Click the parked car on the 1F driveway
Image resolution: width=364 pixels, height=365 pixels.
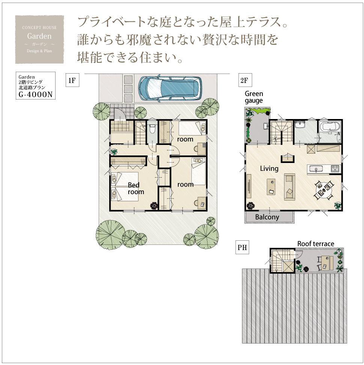170,88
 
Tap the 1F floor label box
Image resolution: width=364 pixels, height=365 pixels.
72,80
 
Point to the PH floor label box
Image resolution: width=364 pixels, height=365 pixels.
242,247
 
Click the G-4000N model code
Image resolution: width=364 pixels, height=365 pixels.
36,95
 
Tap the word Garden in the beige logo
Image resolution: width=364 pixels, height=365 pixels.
39,36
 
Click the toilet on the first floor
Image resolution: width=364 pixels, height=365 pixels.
152,128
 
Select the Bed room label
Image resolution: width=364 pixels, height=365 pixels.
136,189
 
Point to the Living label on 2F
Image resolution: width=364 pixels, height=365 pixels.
269,169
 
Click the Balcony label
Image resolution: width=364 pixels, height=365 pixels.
267,217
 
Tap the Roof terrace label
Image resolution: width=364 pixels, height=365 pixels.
316,244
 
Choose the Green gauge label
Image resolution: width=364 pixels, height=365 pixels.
254,97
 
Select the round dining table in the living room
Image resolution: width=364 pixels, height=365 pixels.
324,190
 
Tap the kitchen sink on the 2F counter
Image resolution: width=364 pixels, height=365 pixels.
315,169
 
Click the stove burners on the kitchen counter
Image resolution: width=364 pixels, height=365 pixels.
335,168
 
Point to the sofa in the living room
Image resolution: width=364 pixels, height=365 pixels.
289,187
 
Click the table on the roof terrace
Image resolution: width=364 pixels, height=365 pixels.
327,263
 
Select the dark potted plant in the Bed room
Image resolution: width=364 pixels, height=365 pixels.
154,205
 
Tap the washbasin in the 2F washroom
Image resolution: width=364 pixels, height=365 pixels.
300,125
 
